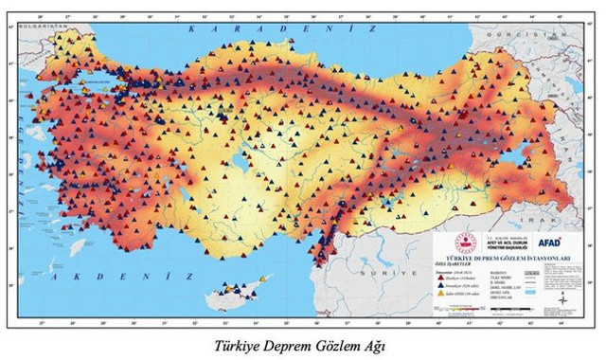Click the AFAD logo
(x=550, y=243)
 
